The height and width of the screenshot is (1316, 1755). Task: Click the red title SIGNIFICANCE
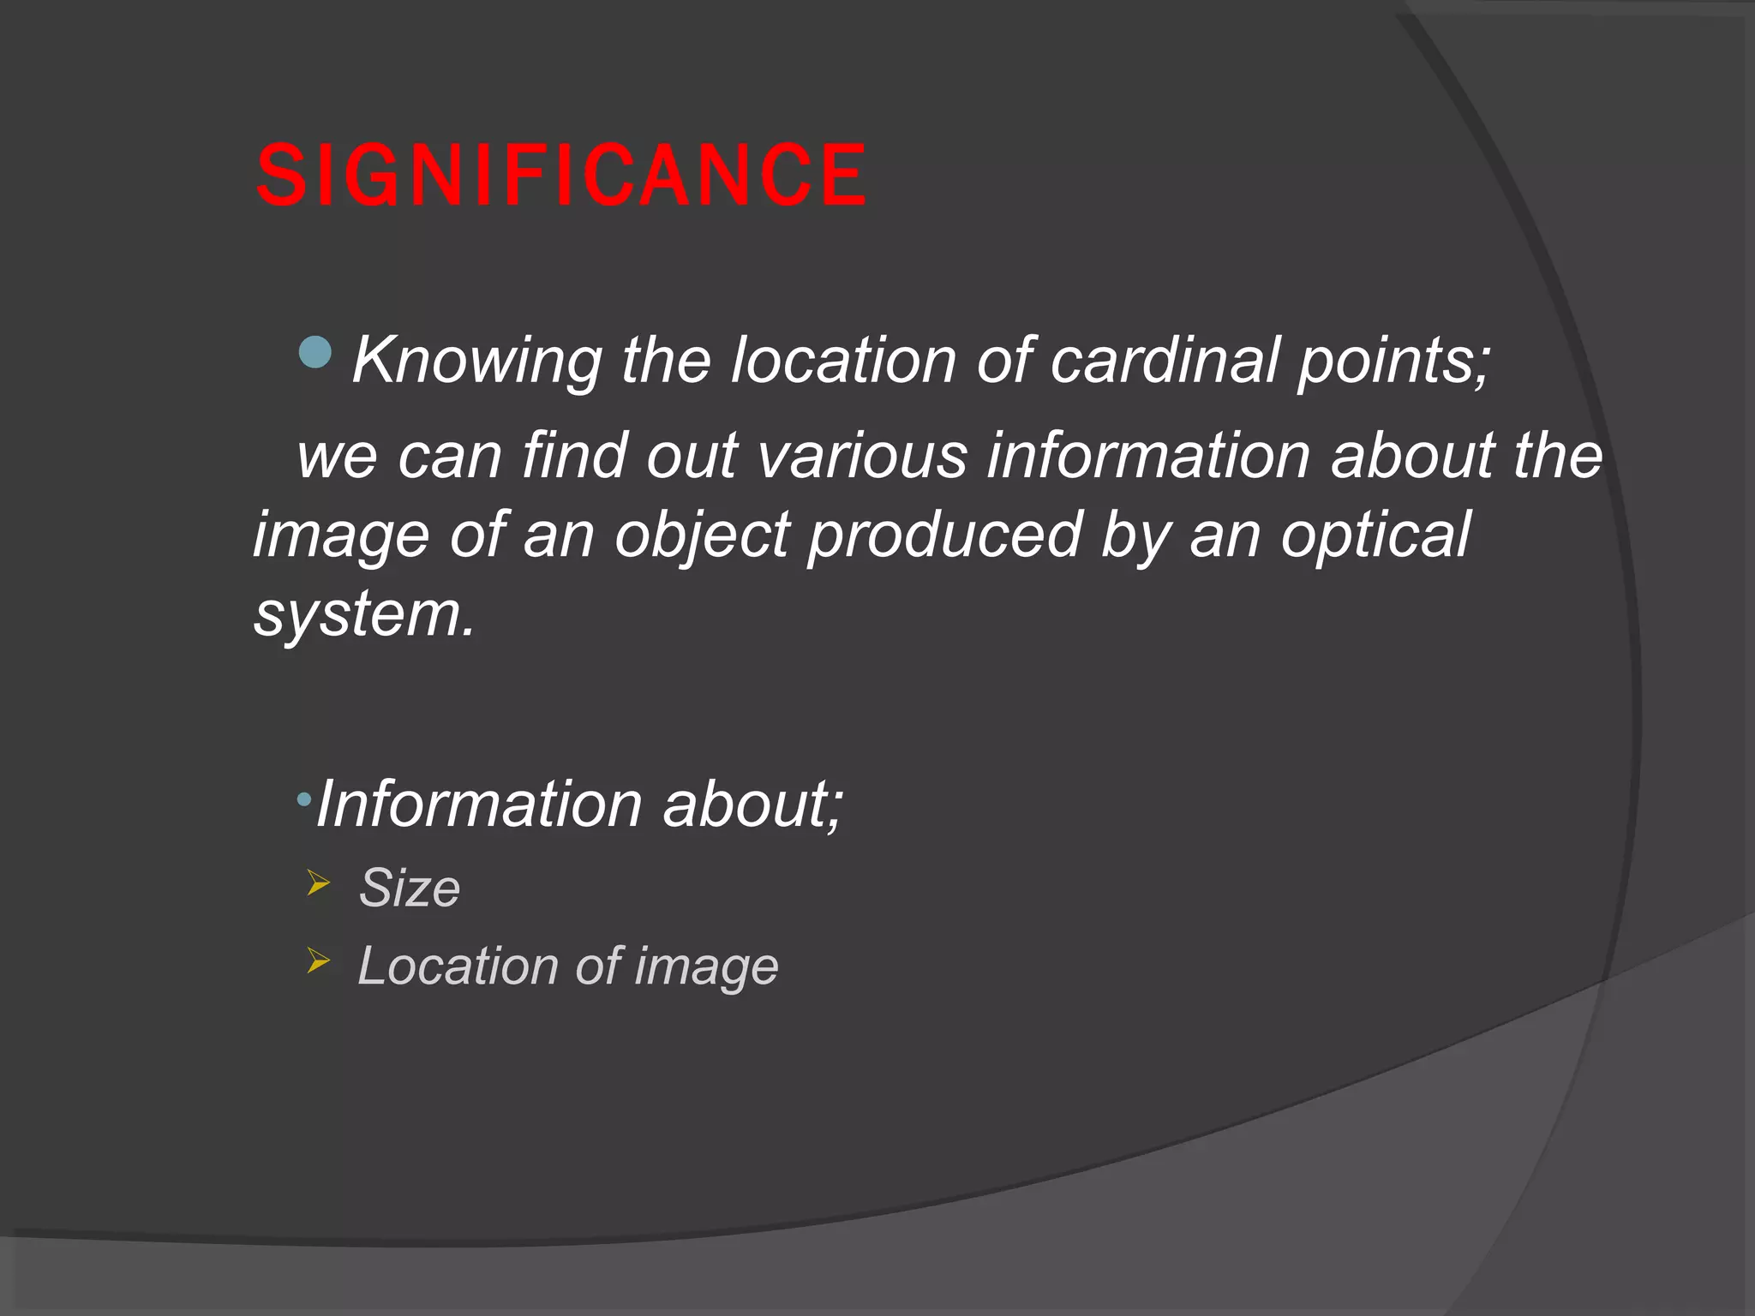(x=561, y=176)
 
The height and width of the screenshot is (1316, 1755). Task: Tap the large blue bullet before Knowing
(x=315, y=352)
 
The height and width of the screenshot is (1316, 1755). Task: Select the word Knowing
(x=476, y=361)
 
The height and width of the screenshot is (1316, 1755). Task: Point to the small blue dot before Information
(x=303, y=800)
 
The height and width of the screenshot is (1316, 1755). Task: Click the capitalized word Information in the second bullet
(x=479, y=805)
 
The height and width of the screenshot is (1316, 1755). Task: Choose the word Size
(x=410, y=888)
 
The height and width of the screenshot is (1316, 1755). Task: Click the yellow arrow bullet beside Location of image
(x=318, y=960)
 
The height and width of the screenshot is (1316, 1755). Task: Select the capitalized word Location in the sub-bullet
(x=457, y=966)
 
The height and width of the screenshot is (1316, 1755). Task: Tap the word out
(x=692, y=456)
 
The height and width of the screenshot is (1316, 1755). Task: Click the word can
(x=449, y=456)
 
